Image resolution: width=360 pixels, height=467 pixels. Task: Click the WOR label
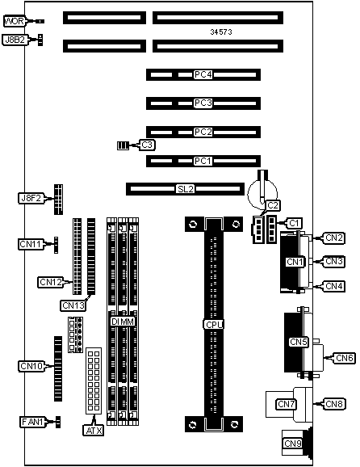tap(15, 21)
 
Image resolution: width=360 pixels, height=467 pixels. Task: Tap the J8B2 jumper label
tap(15, 40)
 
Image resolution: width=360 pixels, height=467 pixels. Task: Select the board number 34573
tap(221, 32)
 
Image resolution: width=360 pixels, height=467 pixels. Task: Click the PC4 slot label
tap(203, 74)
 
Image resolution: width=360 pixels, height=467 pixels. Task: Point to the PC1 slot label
tap(203, 161)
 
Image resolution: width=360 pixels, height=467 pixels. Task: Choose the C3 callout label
tap(147, 145)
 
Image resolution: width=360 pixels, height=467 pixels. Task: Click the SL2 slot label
tap(186, 189)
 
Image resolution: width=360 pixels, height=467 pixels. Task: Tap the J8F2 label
tap(31, 198)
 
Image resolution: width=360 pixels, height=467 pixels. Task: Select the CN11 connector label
tap(31, 244)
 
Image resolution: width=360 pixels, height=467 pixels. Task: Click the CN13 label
tap(73, 305)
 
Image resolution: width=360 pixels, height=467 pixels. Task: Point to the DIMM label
tap(123, 322)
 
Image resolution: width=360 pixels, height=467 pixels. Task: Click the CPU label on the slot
tap(214, 324)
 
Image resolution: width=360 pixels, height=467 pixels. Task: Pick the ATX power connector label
tap(94, 431)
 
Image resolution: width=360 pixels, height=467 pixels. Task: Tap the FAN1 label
tap(33, 422)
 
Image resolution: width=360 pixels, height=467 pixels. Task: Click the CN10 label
tap(31, 366)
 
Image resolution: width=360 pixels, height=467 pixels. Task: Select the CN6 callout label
tap(344, 358)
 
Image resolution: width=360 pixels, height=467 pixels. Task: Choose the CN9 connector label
tap(293, 444)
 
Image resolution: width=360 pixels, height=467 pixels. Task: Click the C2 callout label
tap(273, 205)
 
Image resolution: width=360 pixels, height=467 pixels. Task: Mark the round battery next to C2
tap(262, 193)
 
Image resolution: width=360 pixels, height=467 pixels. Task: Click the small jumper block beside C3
tap(123, 145)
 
